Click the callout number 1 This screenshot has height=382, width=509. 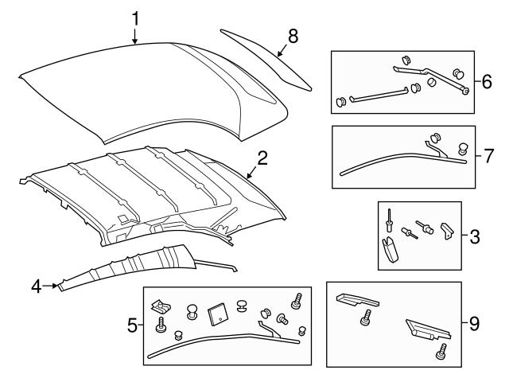[x=135, y=16]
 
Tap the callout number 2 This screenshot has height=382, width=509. [x=262, y=158]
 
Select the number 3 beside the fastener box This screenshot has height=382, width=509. [x=474, y=236]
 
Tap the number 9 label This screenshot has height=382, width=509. [x=474, y=324]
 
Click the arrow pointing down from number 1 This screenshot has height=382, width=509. [x=135, y=33]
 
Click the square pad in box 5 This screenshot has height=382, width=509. [x=216, y=314]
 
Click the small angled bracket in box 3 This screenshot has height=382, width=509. [x=446, y=232]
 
